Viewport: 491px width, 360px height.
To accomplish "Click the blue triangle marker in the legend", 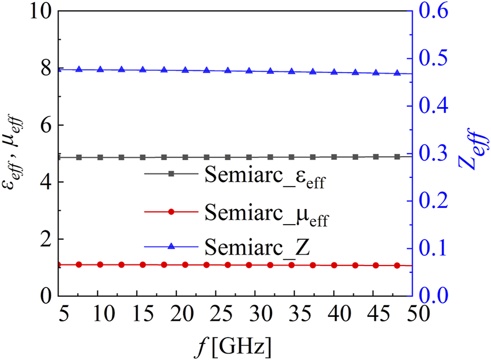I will (171, 247).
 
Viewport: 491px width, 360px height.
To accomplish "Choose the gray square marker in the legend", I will (171, 173).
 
